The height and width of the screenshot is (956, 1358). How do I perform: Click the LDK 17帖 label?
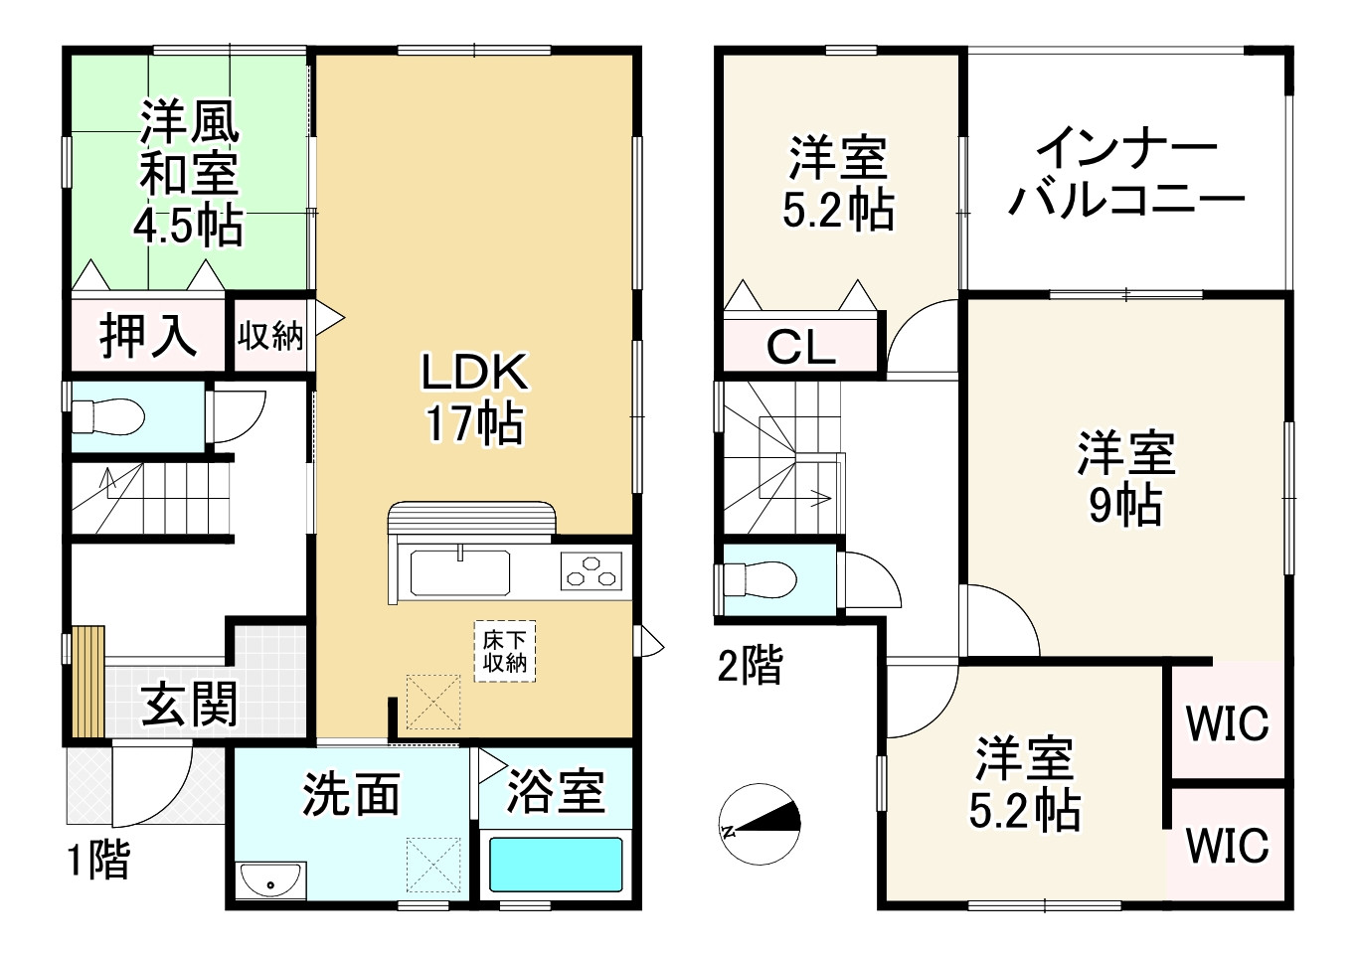pos(474,398)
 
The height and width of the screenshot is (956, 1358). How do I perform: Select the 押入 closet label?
pos(149,334)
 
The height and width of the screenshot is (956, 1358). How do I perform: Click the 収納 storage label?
pos(270,336)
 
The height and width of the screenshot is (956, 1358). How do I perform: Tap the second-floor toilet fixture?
pos(761,578)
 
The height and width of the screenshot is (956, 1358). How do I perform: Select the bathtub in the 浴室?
pos(556,865)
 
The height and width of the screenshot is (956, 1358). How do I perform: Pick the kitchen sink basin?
pos(461,572)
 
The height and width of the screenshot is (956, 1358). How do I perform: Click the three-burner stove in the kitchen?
pos(590,572)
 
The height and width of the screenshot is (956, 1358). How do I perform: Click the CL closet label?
pos(800,347)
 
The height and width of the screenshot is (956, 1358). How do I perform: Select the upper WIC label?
pos(1228,722)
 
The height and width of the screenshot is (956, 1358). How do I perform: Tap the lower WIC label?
pos(1228,846)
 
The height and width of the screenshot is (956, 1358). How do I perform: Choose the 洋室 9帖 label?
pos(1125,478)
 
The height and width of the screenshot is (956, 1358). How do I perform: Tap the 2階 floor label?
pos(751,665)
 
